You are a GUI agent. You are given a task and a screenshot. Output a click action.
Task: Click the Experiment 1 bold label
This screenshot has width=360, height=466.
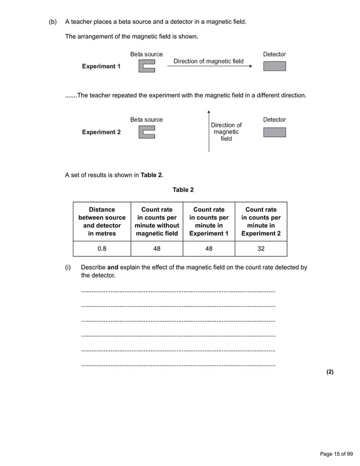pyautogui.click(x=101, y=66)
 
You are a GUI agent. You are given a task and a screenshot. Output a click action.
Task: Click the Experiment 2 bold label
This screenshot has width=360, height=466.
pyautogui.click(x=101, y=132)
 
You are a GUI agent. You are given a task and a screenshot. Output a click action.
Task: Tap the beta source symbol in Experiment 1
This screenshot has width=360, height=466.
pyautogui.click(x=147, y=67)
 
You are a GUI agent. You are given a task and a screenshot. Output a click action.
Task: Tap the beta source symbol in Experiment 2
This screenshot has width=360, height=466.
pyautogui.click(x=147, y=133)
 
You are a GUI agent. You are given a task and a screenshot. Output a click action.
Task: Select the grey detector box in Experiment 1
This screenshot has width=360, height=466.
pyautogui.click(x=274, y=66)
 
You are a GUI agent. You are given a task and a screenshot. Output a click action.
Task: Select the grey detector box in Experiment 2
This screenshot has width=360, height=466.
pyautogui.click(x=274, y=132)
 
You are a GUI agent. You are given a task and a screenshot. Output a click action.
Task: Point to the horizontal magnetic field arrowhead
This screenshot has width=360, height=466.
pyautogui.click(x=249, y=67)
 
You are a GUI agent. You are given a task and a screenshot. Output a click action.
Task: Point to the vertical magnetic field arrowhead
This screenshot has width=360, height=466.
pyautogui.click(x=209, y=113)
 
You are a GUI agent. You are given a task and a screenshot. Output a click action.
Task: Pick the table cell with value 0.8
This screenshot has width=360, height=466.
pyautogui.click(x=102, y=248)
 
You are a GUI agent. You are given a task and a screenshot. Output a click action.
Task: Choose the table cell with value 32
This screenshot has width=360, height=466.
pyautogui.click(x=261, y=248)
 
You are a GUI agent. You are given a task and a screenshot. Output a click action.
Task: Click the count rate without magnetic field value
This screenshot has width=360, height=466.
pyautogui.click(x=156, y=248)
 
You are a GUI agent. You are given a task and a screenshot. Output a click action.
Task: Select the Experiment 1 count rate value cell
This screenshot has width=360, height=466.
pyautogui.click(x=209, y=248)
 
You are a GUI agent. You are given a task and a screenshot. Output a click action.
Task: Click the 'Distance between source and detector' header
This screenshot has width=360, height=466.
pyautogui.click(x=102, y=221)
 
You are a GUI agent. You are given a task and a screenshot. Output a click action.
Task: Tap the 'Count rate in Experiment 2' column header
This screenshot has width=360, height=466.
pyautogui.click(x=261, y=221)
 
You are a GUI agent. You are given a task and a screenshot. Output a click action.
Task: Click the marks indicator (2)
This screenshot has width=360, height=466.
pyautogui.click(x=330, y=372)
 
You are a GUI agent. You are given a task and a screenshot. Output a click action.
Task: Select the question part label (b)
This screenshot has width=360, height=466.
pyautogui.click(x=53, y=22)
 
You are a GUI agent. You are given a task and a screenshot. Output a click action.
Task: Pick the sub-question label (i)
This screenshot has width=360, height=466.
pyautogui.click(x=68, y=267)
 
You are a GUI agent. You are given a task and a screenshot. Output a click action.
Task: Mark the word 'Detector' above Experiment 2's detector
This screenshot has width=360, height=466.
pyautogui.click(x=274, y=120)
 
